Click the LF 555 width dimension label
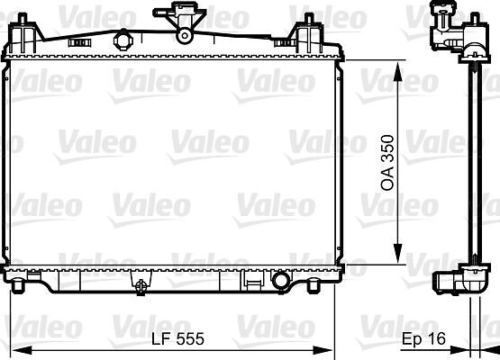point(177,338)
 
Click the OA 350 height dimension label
point(387,163)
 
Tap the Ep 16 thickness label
point(423,338)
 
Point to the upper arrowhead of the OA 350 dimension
point(397,71)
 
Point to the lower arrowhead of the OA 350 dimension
point(397,254)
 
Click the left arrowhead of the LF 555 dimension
point(22,351)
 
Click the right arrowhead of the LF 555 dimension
point(323,351)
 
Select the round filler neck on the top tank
point(123,40)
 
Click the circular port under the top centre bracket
point(185,36)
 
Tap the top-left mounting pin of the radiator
point(22,19)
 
